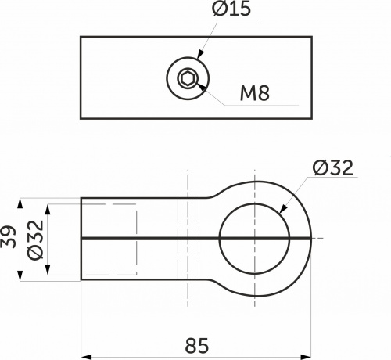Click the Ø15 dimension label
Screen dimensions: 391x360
231,8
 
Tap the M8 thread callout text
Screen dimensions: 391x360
255,93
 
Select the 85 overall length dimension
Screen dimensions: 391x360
197,346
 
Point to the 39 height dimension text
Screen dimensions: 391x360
9,237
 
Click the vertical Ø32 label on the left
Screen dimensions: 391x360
35,240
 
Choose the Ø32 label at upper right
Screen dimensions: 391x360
333,167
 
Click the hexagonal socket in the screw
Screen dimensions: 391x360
188,78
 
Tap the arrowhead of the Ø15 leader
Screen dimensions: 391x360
200,54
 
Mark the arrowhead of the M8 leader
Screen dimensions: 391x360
202,88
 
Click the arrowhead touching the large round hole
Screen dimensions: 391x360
283,209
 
